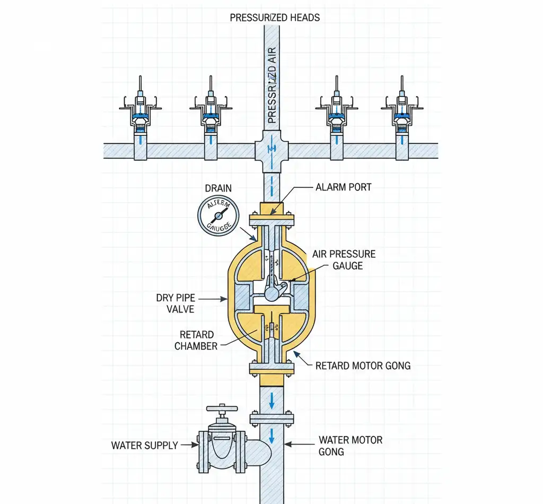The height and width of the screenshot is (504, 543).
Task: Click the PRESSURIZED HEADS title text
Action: click(x=275, y=18)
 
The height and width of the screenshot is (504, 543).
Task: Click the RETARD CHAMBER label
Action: click(x=197, y=341)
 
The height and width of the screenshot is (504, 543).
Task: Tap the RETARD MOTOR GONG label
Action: click(x=363, y=366)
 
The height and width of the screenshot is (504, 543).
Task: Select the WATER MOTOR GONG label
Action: click(x=350, y=446)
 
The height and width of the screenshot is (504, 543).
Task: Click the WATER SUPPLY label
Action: click(x=145, y=445)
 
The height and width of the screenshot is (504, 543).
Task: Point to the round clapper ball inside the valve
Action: click(x=273, y=292)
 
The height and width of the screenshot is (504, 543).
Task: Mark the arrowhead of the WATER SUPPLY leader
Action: click(x=196, y=445)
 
